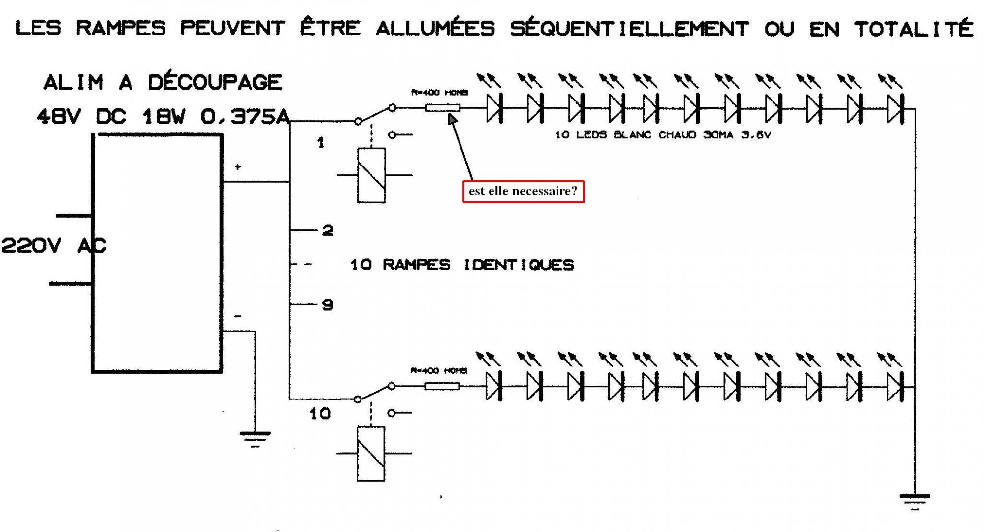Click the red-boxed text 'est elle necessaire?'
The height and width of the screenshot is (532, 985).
[x=523, y=191]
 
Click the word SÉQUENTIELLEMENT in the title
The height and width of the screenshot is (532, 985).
[x=629, y=29]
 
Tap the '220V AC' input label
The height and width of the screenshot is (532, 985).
[x=54, y=245]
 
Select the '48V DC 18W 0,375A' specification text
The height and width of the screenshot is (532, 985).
[x=163, y=117]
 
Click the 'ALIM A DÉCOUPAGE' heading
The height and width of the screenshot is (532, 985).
[x=163, y=82]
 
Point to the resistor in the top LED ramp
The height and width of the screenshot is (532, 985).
[x=442, y=108]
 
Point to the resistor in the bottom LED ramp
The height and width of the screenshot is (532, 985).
[x=442, y=386]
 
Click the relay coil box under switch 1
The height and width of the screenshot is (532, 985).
[x=371, y=175]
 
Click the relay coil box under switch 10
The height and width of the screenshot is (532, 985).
[x=371, y=453]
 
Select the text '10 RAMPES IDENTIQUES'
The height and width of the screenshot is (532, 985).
[x=462, y=265]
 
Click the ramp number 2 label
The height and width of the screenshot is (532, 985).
[x=328, y=231]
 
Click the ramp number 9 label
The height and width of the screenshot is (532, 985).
[x=328, y=305]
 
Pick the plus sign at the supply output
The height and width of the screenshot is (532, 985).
[x=238, y=167]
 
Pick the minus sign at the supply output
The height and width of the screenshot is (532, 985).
[x=238, y=316]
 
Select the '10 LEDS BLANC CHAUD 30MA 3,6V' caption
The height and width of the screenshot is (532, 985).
[x=662, y=134]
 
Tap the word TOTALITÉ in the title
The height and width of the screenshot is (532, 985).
[x=914, y=29]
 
